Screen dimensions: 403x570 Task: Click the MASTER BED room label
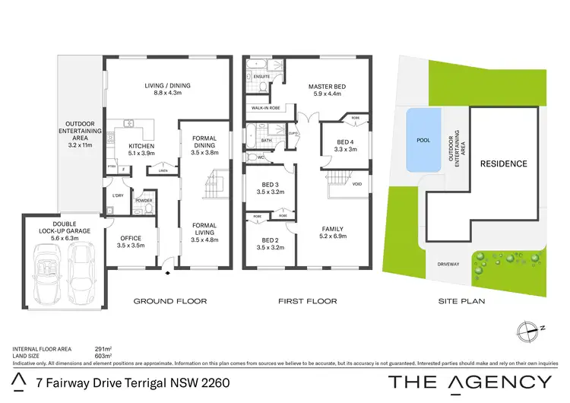[328, 87]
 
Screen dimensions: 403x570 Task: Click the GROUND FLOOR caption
[169, 301]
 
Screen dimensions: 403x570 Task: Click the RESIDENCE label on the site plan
[502, 163]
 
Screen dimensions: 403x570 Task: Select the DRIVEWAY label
[449, 265]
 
